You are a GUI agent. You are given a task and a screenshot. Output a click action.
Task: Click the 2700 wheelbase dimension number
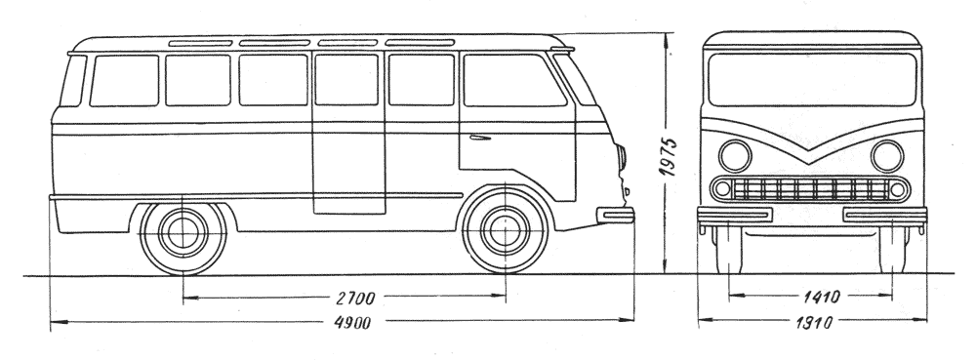355,298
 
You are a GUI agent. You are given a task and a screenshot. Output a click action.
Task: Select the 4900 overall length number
351,322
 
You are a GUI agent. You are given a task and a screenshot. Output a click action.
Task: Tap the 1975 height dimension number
670,156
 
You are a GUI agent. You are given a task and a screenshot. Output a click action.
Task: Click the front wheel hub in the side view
505,230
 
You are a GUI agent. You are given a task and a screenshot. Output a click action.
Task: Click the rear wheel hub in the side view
183,232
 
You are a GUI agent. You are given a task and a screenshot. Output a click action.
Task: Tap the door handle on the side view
480,137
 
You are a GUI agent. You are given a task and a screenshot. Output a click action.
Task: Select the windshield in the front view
812,79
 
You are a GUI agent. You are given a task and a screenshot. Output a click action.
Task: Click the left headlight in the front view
735,155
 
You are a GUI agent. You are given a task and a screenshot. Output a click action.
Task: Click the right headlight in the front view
887,155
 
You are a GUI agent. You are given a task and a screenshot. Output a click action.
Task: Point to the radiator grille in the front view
810,189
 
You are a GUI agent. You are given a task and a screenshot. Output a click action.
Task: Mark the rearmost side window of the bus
73,81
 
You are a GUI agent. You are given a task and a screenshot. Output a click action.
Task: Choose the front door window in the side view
513,80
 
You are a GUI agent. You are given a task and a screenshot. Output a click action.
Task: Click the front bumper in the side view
615,216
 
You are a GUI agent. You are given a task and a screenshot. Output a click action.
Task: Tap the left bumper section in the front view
735,216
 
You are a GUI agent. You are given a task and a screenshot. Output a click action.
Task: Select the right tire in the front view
893,249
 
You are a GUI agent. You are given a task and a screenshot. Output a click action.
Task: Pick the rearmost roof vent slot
200,44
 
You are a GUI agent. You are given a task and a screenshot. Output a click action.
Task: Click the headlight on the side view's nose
621,157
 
